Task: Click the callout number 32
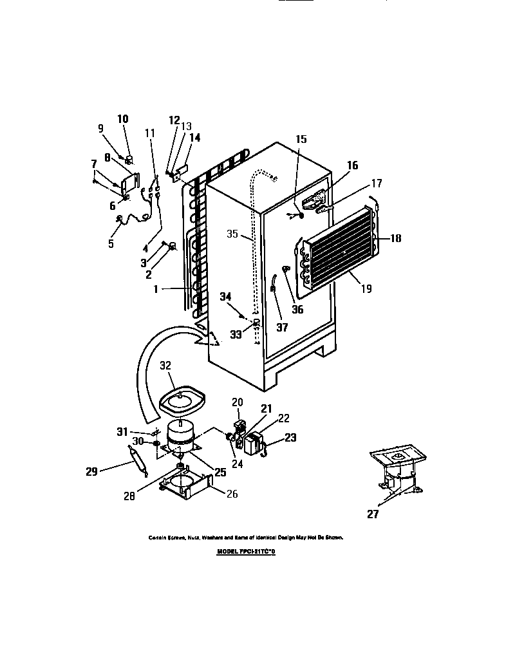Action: (x=165, y=364)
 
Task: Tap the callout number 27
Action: (x=373, y=514)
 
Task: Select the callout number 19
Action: (x=366, y=289)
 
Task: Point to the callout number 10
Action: (x=122, y=118)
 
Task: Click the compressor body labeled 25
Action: (x=181, y=434)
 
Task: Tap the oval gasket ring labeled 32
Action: (x=182, y=402)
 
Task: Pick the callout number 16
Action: (x=352, y=165)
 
